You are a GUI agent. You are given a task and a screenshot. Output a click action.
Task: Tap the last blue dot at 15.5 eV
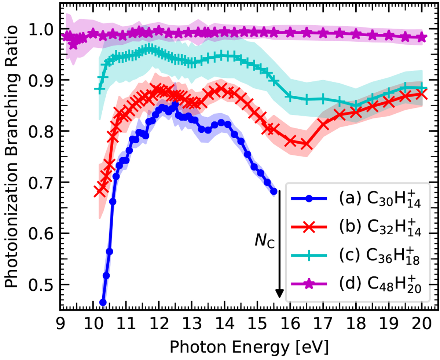pyautogui.click(x=274, y=191)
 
